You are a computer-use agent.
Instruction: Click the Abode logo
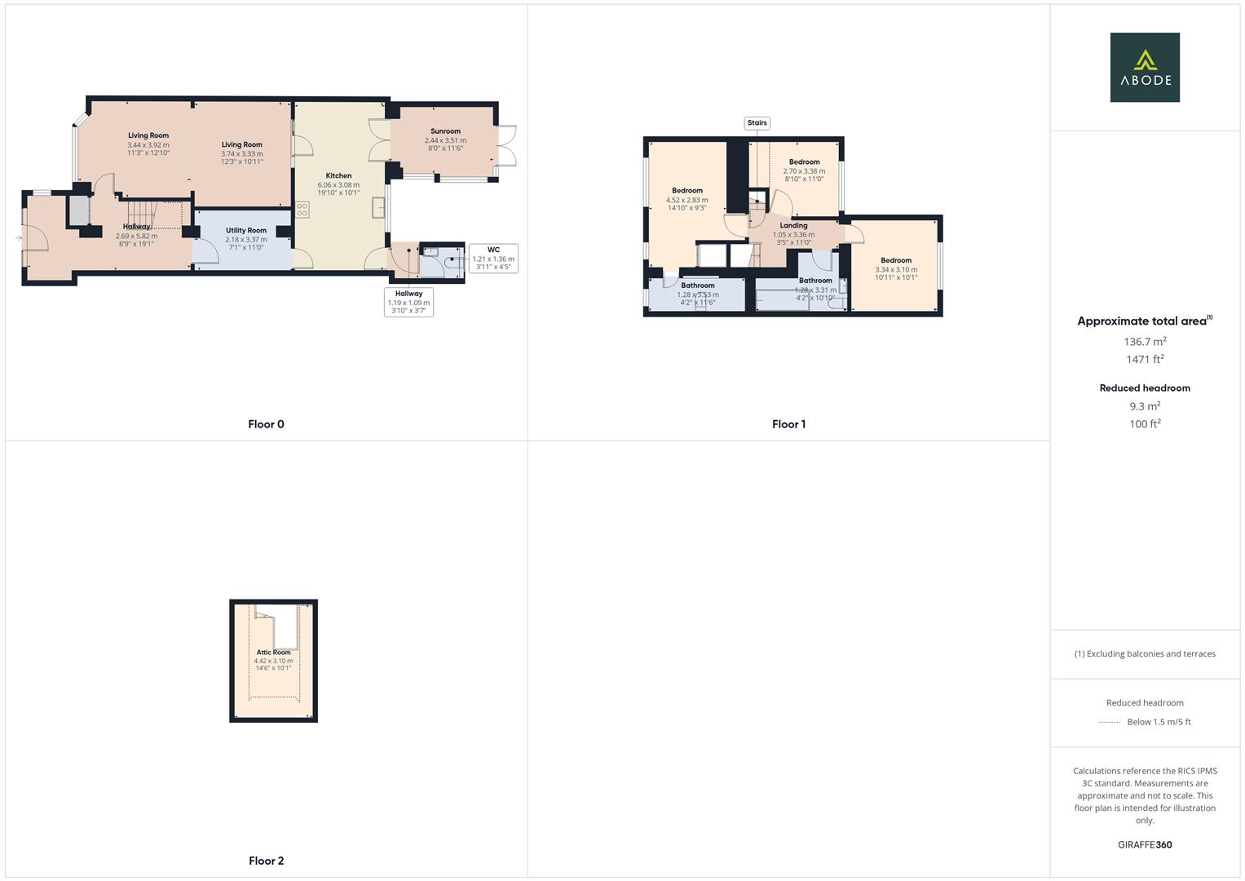point(1144,67)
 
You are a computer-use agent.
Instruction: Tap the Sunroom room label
point(445,131)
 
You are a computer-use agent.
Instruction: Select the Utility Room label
point(246,231)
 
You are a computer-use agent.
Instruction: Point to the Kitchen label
point(338,175)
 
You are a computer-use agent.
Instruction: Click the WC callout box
point(493,258)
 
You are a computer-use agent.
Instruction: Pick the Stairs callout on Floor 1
point(757,123)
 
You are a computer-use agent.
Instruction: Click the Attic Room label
point(273,653)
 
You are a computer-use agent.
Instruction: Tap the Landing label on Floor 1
point(793,226)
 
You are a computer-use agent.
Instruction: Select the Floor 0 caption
point(266,424)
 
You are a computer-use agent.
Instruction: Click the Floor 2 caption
point(266,861)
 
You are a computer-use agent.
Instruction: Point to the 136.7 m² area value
point(1145,342)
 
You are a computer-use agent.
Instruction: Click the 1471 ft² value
point(1145,359)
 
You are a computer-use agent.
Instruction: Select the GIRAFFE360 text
point(1145,844)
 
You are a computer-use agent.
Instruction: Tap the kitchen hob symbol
point(302,210)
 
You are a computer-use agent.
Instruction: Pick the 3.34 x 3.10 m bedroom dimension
point(896,269)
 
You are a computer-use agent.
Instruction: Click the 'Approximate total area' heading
point(1144,321)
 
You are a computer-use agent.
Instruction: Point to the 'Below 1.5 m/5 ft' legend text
point(1159,722)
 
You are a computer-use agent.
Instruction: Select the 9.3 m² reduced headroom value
point(1145,406)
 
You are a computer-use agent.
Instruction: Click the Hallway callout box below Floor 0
point(408,302)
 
